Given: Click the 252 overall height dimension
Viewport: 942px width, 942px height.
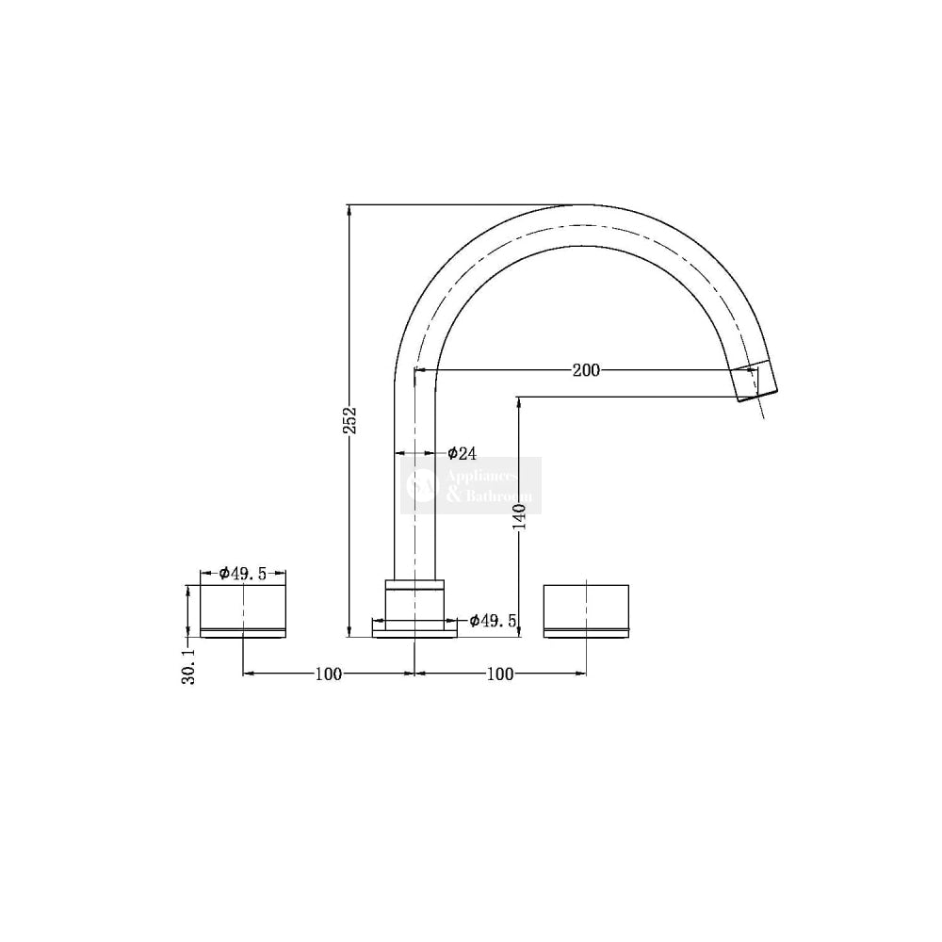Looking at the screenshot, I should click(349, 420).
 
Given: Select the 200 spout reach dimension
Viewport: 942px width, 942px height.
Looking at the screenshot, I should click(586, 370).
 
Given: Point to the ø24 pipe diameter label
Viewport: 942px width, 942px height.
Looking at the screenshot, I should click(462, 453).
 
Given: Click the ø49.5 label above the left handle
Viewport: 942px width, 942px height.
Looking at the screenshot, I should click(243, 573).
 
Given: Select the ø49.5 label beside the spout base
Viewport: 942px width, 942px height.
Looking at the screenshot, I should click(493, 621).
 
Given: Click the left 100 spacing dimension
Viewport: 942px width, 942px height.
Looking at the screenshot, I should click(328, 674).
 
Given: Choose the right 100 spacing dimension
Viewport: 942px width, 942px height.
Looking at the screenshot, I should click(500, 674).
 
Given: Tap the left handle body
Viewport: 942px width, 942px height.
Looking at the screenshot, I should click(243, 608).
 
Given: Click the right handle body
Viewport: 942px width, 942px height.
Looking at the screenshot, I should click(586, 608).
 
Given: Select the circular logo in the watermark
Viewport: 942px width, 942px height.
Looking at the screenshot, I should click(420, 486).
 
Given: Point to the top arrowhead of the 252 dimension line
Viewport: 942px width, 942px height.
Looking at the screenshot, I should click(349, 209).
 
